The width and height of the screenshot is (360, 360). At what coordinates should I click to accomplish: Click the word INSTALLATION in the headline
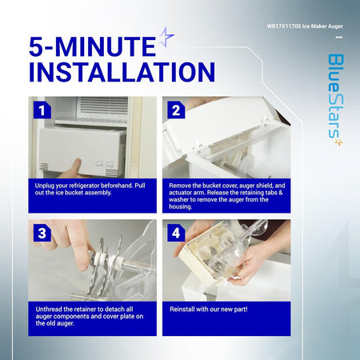(x=122, y=72)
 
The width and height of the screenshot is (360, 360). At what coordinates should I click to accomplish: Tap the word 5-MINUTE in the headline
(x=92, y=46)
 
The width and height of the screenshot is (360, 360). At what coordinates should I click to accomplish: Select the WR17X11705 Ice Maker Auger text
(x=305, y=26)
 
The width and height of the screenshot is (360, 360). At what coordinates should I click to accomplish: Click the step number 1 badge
(x=42, y=110)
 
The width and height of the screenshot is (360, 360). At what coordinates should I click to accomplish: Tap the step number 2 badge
(x=176, y=110)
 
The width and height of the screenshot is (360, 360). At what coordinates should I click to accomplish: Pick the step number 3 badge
(x=42, y=233)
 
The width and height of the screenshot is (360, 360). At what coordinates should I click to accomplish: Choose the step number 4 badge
(x=176, y=233)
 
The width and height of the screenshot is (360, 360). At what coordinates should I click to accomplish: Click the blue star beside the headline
(x=166, y=37)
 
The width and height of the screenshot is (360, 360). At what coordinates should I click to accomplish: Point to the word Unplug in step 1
(x=43, y=186)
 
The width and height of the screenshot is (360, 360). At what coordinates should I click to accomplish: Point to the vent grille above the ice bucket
(x=102, y=108)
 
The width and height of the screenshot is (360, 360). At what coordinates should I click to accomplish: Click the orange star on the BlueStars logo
(x=338, y=142)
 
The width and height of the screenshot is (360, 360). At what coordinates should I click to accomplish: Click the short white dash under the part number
(x=339, y=37)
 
